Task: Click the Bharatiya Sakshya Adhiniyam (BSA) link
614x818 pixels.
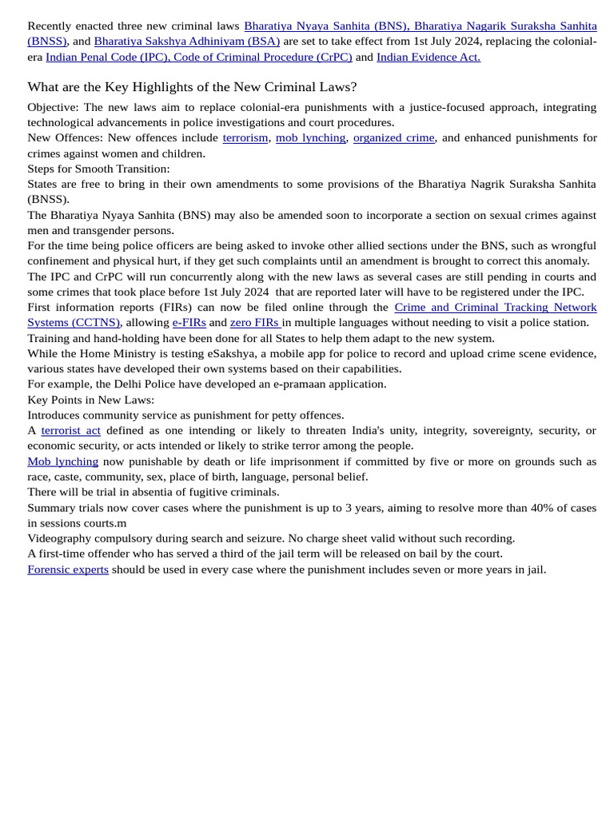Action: (x=186, y=42)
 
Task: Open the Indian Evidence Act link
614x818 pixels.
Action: (x=428, y=57)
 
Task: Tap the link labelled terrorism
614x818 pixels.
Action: (x=245, y=137)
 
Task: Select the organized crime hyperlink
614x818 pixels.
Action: (x=393, y=137)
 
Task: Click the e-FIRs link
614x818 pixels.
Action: (x=189, y=322)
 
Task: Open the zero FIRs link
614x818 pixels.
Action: (x=254, y=322)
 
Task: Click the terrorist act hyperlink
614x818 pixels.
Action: (x=70, y=430)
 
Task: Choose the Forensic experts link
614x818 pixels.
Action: (x=68, y=569)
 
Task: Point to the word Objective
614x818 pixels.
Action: (x=52, y=107)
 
